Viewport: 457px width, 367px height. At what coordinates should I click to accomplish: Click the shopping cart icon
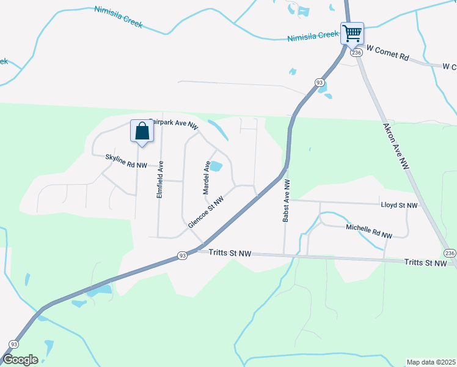(x=352, y=33)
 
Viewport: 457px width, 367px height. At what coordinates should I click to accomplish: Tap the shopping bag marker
(x=142, y=132)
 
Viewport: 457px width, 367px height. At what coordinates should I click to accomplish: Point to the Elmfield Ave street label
(x=160, y=179)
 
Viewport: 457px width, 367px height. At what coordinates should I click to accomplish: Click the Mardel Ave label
(x=207, y=177)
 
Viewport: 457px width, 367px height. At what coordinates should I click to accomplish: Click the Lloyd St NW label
(x=398, y=206)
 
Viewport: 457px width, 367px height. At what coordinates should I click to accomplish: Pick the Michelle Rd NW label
(x=368, y=231)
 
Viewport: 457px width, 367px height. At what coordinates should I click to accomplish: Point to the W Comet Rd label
(x=387, y=56)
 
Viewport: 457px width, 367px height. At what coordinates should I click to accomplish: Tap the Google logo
(x=20, y=360)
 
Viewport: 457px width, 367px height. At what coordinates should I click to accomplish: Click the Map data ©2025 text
(x=431, y=362)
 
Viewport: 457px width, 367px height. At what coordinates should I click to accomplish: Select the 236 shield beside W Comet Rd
(x=357, y=53)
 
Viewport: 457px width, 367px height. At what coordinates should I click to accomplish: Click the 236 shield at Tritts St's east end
(x=450, y=253)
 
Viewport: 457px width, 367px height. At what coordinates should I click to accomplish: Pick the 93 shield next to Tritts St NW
(x=182, y=256)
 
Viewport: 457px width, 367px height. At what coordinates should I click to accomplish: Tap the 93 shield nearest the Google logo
(x=13, y=344)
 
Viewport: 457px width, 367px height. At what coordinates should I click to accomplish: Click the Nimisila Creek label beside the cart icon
(x=313, y=37)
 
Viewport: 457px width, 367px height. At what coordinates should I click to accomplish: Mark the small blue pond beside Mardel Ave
(x=216, y=166)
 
